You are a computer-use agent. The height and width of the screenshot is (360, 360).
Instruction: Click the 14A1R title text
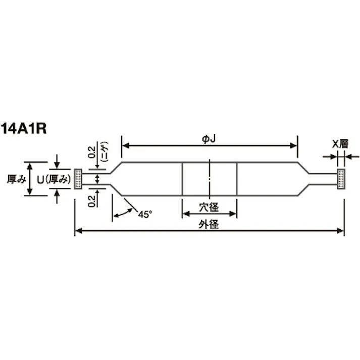coord(23,129)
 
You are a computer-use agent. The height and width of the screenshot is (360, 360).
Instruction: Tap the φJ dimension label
coord(209,139)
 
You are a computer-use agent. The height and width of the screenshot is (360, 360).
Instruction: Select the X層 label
coord(340,144)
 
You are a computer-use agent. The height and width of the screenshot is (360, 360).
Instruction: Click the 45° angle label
coord(145,215)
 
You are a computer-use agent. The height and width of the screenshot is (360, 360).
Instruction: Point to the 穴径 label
coord(209,208)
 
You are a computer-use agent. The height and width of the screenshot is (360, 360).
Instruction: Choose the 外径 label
coord(209,224)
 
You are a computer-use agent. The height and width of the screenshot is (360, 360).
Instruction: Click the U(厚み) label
coord(54,180)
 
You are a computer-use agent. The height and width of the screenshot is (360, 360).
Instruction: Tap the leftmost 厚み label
coord(16,179)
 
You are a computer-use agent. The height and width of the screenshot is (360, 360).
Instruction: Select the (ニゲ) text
coord(105,152)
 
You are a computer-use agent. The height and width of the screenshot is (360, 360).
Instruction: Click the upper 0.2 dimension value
coord(92,152)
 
